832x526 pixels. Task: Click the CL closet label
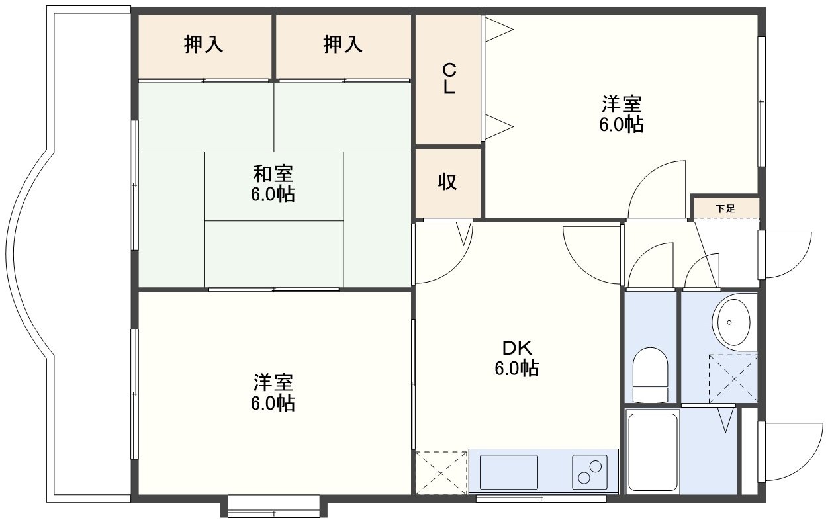coord(449,79)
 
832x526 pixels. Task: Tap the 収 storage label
coord(447,182)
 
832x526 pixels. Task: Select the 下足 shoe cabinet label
coord(725,208)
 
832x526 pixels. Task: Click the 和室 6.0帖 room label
coord(273,184)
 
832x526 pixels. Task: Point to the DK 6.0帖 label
coord(517,358)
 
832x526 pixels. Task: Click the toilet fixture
coord(650,375)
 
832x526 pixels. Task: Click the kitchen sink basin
coord(509,472)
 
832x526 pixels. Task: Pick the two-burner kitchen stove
coord(590,472)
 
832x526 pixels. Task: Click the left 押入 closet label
coord(204,44)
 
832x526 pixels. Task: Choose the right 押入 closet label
coord(342,44)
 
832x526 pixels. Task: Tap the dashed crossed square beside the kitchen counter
coord(441,473)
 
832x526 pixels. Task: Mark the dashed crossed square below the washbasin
coord(733,378)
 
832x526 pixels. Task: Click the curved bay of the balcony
coord(30,254)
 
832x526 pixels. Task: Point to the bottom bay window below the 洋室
coord(274,506)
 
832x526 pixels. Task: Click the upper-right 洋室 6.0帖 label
coord(622,114)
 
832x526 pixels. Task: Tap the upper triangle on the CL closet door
coord(499,29)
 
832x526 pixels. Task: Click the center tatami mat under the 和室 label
coord(274,187)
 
